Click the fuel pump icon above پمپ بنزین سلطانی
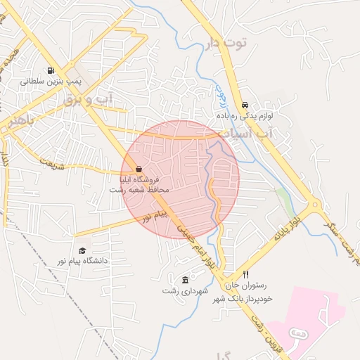point(51,70)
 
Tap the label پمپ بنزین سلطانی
point(51,82)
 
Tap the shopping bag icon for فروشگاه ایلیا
point(139,169)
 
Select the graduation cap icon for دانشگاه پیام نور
point(82,250)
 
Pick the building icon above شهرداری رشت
point(185,279)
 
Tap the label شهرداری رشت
point(182,290)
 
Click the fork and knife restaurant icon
point(245,274)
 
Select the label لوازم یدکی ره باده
point(245,112)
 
